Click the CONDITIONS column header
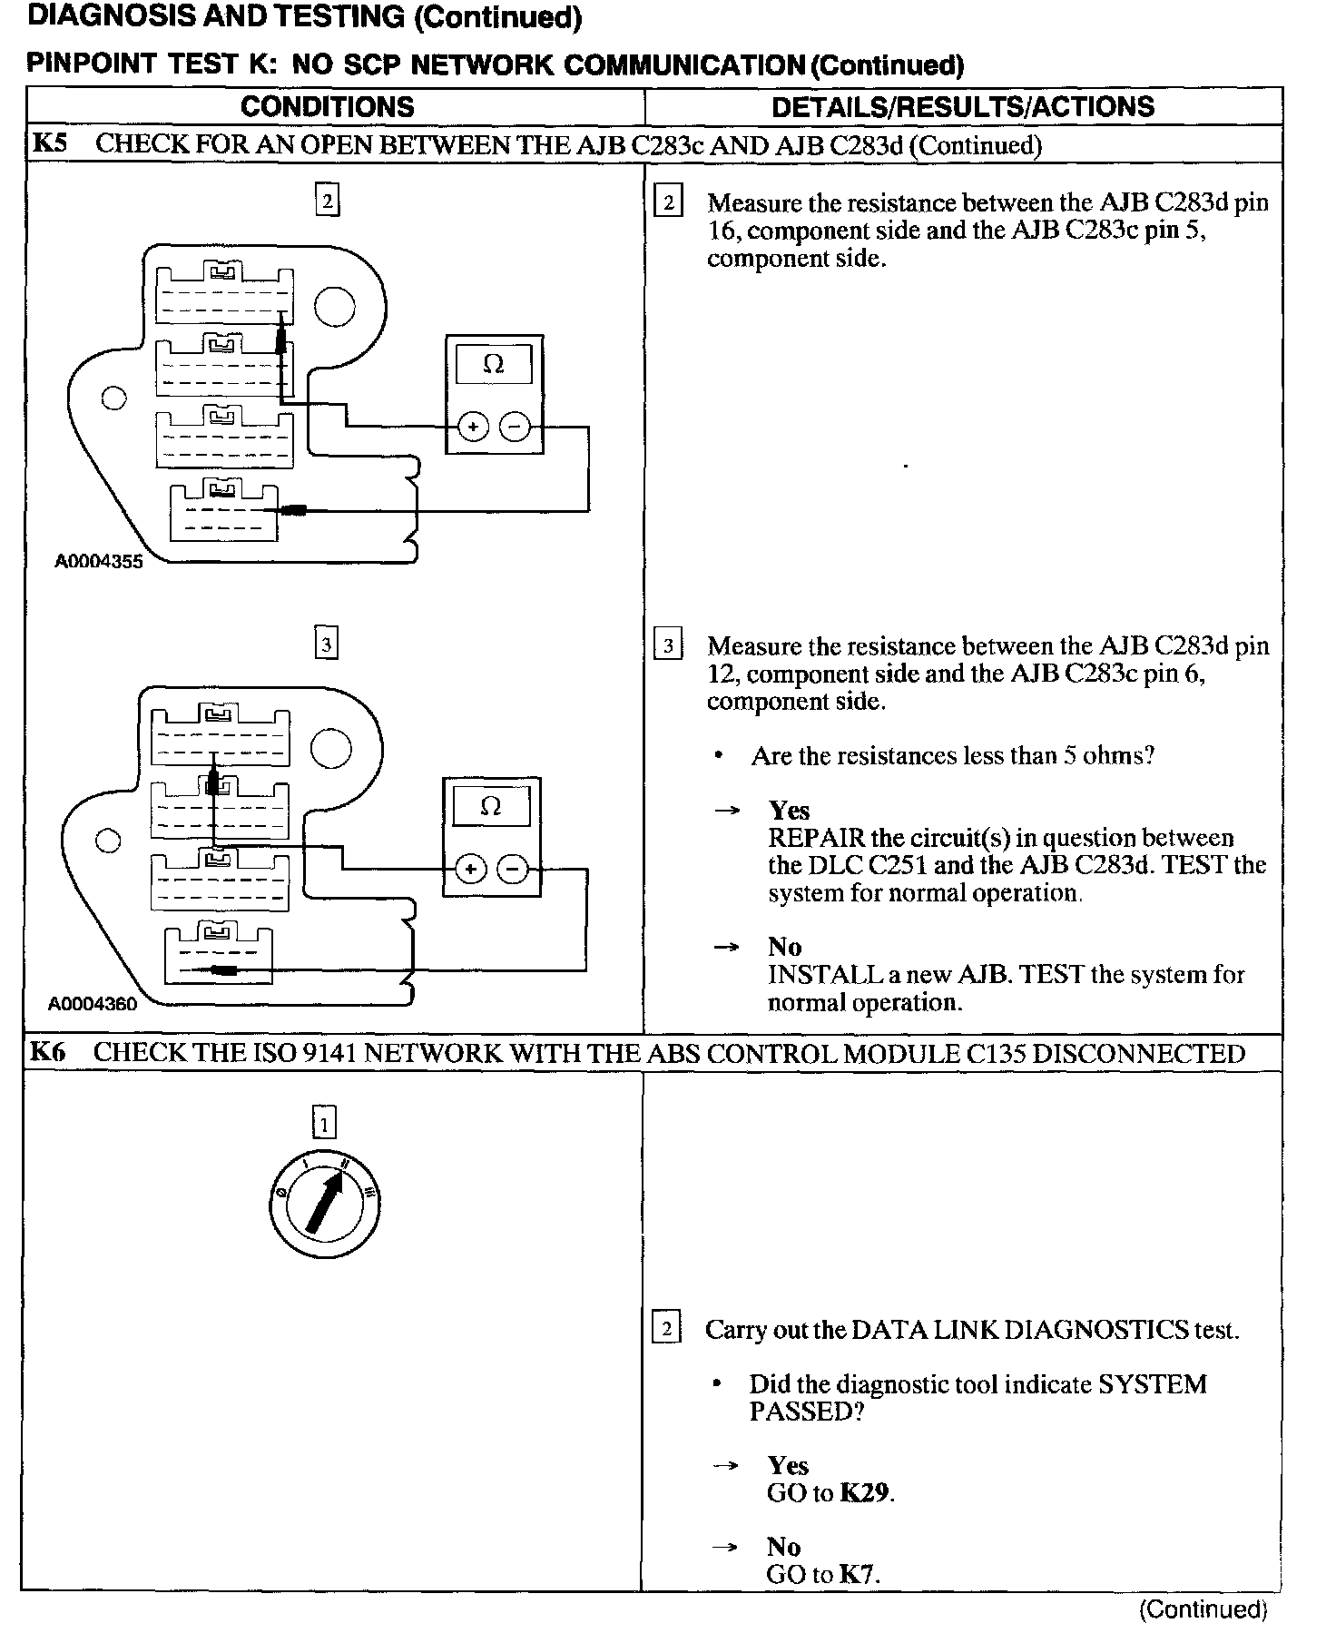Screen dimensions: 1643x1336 [327, 106]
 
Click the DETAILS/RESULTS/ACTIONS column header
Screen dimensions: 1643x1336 [962, 106]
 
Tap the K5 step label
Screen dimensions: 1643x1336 [49, 144]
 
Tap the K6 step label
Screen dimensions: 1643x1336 [48, 1053]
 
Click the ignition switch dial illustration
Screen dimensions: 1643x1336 [325, 1206]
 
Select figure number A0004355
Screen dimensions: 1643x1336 [99, 562]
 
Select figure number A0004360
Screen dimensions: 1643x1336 [93, 1004]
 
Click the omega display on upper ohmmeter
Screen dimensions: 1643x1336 [494, 365]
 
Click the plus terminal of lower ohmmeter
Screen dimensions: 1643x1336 [470, 870]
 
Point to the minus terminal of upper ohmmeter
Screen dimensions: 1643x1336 [516, 426]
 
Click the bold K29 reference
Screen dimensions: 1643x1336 [863, 1492]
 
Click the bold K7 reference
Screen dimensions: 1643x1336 [858, 1574]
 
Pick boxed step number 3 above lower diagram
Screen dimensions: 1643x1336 [326, 644]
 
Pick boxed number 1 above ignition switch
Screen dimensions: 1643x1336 [324, 1124]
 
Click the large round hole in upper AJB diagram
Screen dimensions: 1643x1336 [335, 307]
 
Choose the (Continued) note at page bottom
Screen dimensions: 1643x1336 [1203, 1609]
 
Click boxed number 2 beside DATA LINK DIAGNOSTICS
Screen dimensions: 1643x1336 [667, 1330]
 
